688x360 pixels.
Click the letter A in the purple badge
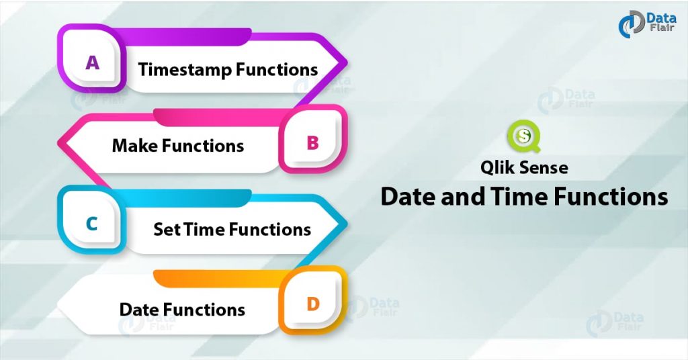[x=92, y=62]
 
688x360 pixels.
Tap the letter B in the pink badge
[x=312, y=142]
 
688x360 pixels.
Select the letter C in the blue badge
[x=92, y=224]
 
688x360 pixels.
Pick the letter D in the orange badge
[x=312, y=304]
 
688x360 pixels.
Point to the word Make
[x=135, y=146]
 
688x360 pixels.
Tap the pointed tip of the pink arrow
[x=58, y=143]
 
